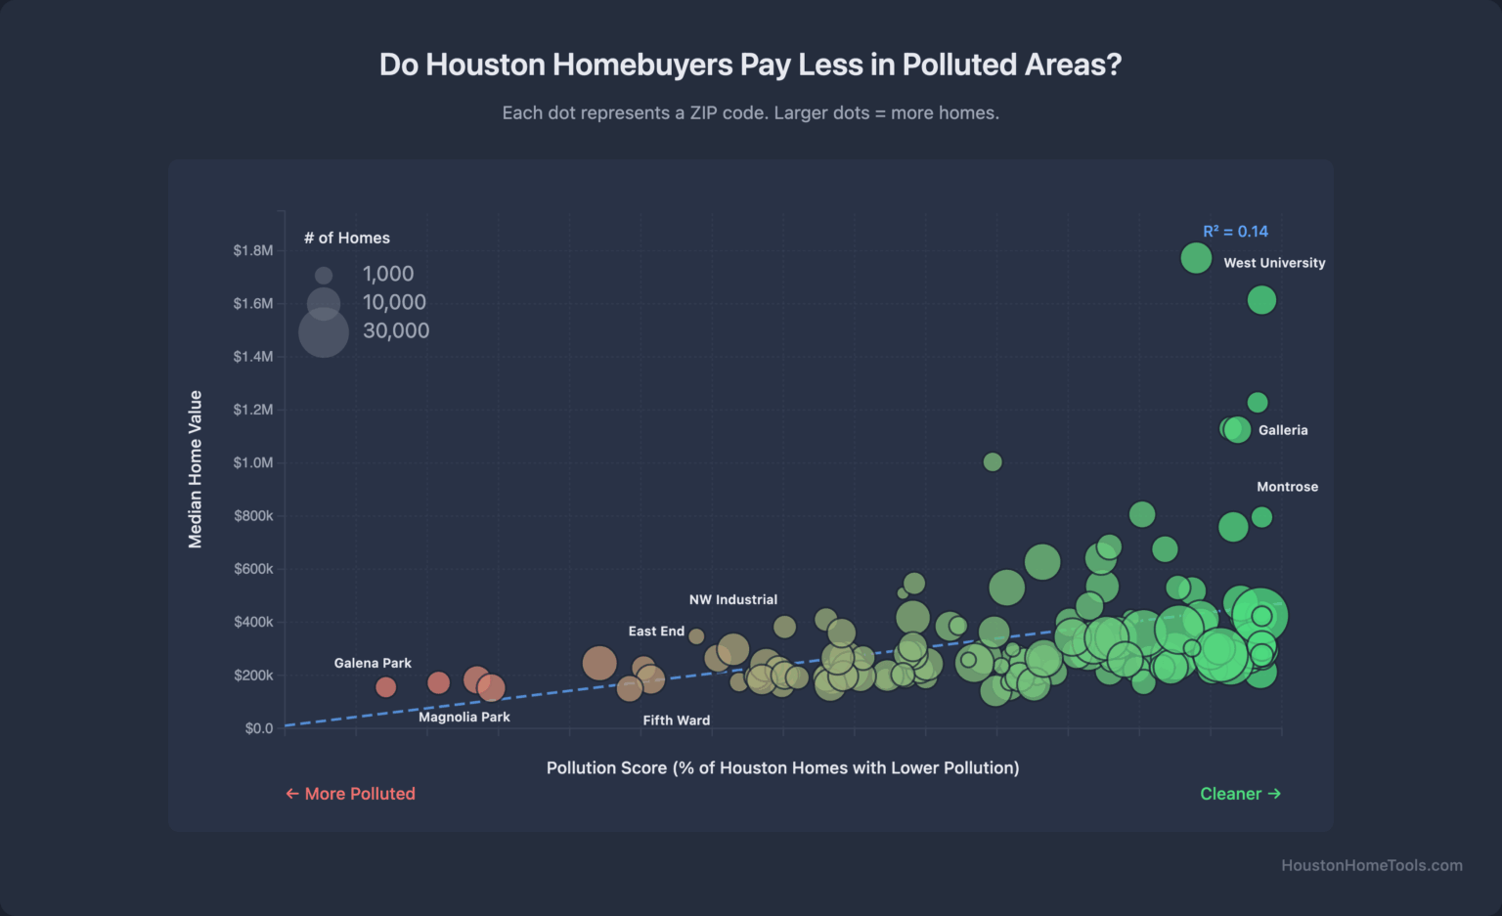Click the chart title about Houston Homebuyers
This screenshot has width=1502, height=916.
[x=750, y=65]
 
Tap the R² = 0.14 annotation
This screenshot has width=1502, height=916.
[x=1235, y=232]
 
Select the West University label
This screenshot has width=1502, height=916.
[x=1274, y=263]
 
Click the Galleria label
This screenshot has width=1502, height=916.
[x=1283, y=430]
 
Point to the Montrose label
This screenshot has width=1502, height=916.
[x=1287, y=487]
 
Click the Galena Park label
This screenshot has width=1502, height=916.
[x=373, y=663]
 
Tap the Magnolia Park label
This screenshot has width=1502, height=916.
[x=464, y=717]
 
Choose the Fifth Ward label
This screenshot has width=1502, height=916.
[x=677, y=720]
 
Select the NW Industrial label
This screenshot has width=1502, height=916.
[x=733, y=599]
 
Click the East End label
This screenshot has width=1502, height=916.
[x=656, y=632]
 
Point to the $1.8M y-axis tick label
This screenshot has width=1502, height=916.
[x=253, y=251]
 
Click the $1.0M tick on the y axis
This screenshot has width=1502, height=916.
[x=253, y=462]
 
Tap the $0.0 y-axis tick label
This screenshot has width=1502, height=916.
[x=259, y=728]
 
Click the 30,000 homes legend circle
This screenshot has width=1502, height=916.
[x=324, y=332]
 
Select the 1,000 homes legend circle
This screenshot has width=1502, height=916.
[x=324, y=276]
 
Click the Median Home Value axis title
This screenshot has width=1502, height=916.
[x=196, y=469]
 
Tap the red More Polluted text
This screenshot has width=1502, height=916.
[x=350, y=794]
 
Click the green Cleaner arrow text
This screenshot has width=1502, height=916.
[x=1240, y=794]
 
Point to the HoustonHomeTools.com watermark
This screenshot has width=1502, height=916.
[x=1372, y=865]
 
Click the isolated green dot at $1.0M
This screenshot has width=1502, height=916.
[x=993, y=461]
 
